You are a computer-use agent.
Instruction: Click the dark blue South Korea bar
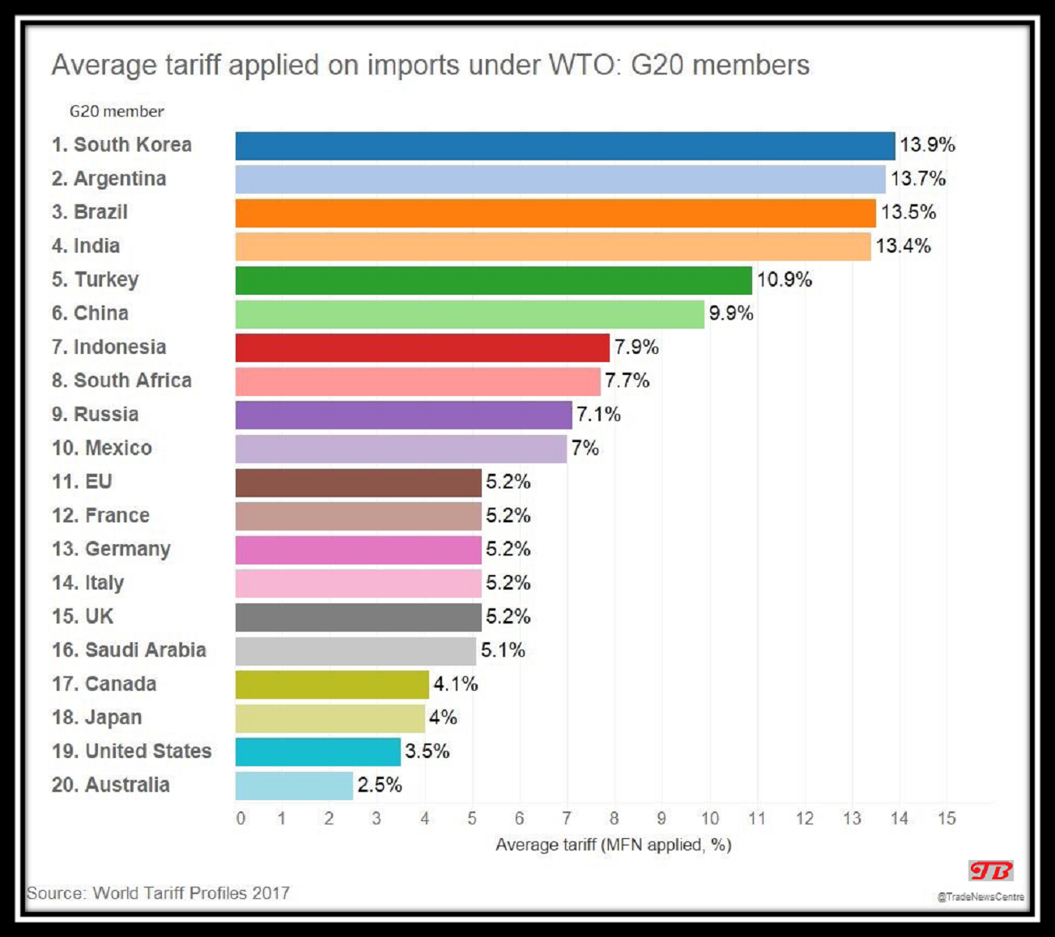tap(565, 146)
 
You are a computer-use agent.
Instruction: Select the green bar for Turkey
tap(493, 280)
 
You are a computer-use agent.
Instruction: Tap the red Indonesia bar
tap(422, 347)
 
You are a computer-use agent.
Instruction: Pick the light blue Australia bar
tap(294, 786)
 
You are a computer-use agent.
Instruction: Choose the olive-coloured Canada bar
tap(332, 684)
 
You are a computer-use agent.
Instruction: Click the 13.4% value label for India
tap(903, 246)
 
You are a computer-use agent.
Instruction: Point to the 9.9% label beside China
tap(731, 313)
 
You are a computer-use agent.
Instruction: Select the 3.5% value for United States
tap(428, 752)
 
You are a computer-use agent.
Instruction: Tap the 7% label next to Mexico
tap(585, 449)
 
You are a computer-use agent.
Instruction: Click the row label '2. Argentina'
tap(108, 179)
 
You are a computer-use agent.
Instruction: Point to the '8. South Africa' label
tap(121, 381)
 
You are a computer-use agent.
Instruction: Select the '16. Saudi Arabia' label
tap(129, 650)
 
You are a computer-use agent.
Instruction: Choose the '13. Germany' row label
tap(111, 549)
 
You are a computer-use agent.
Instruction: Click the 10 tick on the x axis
tap(709, 819)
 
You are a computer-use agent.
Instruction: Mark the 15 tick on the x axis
tap(947, 819)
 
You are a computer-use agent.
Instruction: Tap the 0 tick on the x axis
tap(240, 819)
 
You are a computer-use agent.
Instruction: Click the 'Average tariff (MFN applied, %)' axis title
tap(613, 845)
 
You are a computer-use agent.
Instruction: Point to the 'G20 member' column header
tap(117, 112)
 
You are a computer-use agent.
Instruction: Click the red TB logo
tap(990, 871)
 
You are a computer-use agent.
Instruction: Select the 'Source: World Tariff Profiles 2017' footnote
tap(158, 893)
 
